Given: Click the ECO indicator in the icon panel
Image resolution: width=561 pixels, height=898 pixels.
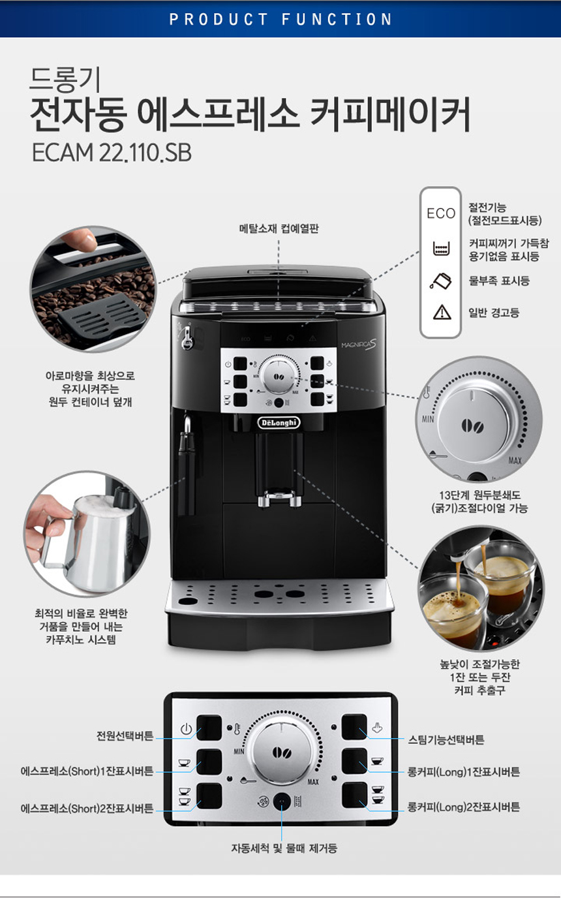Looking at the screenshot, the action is (x=441, y=213).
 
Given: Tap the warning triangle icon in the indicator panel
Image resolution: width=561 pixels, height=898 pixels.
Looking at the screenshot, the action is (x=442, y=313).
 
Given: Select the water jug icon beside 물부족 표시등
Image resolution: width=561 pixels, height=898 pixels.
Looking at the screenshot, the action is (x=440, y=281).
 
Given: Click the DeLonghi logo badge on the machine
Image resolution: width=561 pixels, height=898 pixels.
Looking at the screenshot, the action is (x=279, y=422).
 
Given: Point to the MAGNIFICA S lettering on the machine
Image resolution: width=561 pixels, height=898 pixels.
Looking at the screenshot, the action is (x=359, y=345).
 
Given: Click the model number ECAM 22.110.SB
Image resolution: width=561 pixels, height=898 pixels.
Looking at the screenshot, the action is (x=112, y=153).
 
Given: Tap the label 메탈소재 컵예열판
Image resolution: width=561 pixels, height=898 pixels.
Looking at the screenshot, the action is (x=279, y=228).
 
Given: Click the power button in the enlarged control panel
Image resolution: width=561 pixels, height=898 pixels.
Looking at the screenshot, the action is (x=209, y=728).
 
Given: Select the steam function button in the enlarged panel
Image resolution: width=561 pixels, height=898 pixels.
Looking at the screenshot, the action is (x=354, y=727).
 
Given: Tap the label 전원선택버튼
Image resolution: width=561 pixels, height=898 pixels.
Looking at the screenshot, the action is (x=125, y=735).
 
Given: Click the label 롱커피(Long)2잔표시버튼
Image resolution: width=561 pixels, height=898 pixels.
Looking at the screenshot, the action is (x=463, y=807).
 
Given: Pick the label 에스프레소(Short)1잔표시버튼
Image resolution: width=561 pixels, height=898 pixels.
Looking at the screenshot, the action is (x=87, y=771).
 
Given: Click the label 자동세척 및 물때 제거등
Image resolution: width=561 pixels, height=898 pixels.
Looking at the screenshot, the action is (x=284, y=848).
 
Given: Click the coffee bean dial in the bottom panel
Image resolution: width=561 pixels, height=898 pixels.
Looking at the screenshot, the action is (x=282, y=752).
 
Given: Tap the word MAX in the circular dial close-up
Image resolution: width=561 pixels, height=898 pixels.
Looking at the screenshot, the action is (x=515, y=461).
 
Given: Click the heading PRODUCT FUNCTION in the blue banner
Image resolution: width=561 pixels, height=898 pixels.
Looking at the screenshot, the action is (x=280, y=19).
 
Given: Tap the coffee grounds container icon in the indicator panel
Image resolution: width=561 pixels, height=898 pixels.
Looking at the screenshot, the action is (x=442, y=249).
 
